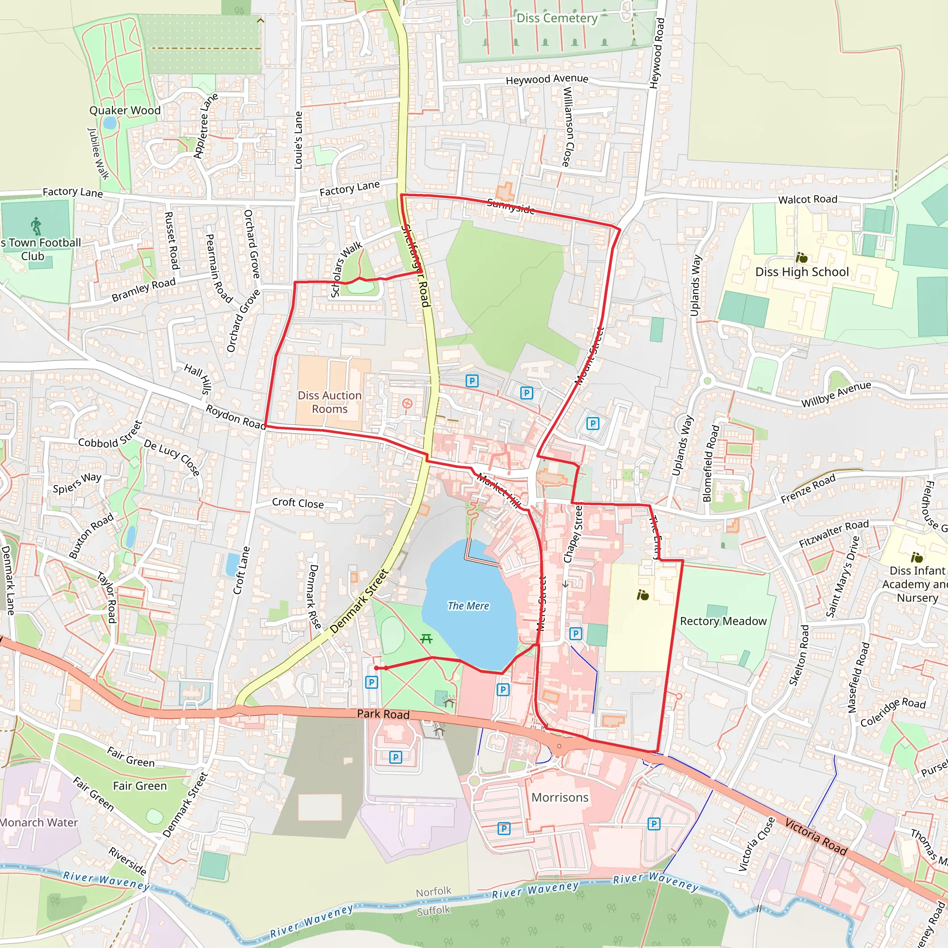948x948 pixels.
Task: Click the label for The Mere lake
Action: coord(468,606)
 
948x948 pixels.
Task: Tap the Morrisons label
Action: coord(560,798)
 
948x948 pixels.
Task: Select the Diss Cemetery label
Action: coord(557,19)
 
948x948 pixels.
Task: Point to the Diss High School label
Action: coord(802,272)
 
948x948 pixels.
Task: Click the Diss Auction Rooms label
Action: coord(329,402)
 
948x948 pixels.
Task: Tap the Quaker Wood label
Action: coord(125,111)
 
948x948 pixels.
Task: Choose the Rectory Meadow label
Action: coord(723,621)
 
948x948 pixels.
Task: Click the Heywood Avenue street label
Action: coord(547,79)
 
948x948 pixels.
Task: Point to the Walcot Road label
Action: coord(807,199)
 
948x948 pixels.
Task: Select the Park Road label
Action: coord(383,714)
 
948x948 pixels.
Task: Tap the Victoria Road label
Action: coord(816,837)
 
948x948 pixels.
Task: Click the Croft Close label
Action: coord(298,503)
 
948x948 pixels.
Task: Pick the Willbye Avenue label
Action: coord(836,394)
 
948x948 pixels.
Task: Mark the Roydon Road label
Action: coord(235,417)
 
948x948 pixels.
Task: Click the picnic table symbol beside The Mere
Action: coord(426,638)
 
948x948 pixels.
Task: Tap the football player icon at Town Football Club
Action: coord(36,226)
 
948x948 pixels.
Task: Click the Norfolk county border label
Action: coord(433,892)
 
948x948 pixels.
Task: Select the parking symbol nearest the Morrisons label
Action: coord(504,829)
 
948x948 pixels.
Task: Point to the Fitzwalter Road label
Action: coord(834,533)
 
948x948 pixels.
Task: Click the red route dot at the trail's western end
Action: coord(376,668)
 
